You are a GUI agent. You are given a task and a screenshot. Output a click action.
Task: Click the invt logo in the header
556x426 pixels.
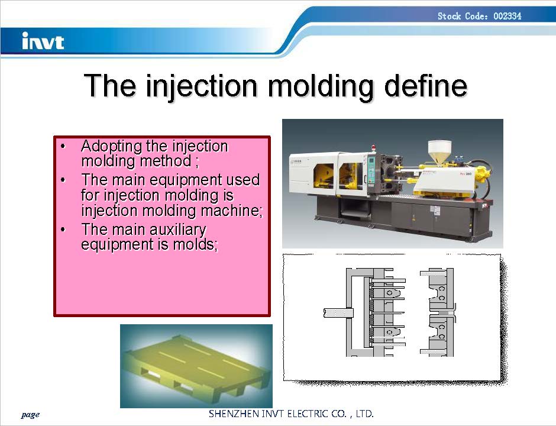(43, 41)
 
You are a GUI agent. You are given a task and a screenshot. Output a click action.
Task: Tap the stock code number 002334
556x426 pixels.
(507, 16)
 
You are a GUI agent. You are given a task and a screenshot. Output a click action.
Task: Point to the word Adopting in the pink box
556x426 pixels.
(111, 147)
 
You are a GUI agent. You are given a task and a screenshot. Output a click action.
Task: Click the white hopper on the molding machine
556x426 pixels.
(439, 152)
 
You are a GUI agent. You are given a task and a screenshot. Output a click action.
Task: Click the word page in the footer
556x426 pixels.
(30, 414)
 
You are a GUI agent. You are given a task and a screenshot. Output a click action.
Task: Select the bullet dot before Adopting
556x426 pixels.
(63, 146)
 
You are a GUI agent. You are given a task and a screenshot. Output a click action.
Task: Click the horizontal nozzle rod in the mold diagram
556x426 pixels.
(338, 313)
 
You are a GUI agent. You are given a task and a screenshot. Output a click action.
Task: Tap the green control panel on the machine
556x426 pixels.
(371, 170)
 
